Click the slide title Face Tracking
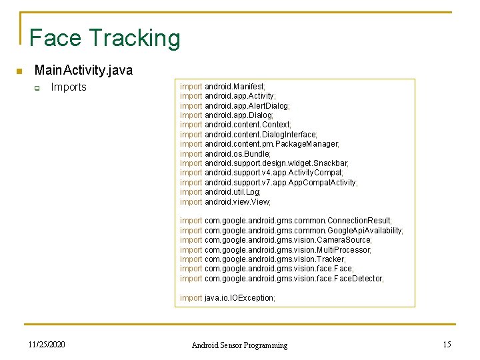point(105,38)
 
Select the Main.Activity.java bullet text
point(83,70)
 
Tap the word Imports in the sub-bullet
point(69,87)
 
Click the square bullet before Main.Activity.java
point(19,71)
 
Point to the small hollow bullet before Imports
point(38,88)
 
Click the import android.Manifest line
point(223,87)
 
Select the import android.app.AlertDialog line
point(235,106)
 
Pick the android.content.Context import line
point(235,125)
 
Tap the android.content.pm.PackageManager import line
point(259,144)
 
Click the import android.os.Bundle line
point(225,154)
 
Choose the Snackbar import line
point(264,163)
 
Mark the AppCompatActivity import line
point(269,183)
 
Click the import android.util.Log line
point(220,192)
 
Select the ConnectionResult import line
point(286,221)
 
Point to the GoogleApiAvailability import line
point(291,231)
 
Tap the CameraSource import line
point(276,240)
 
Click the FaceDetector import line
point(282,279)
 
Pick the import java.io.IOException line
point(227,298)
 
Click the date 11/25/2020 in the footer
point(47,345)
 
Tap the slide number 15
point(447,345)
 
